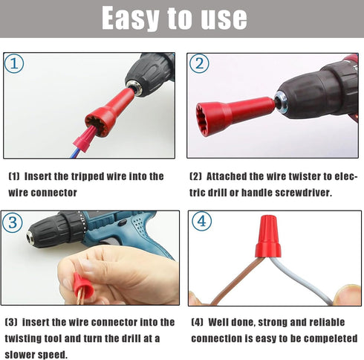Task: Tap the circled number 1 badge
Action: [15, 63]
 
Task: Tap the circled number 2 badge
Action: [198, 63]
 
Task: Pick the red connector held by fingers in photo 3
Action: [81, 283]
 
